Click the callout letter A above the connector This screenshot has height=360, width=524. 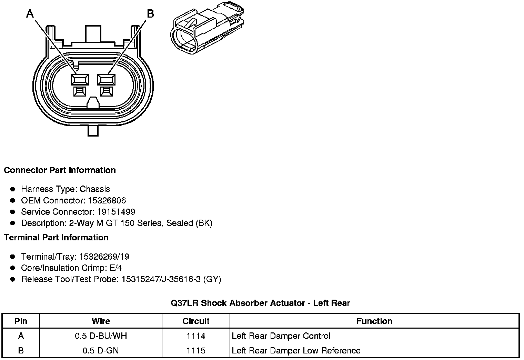pos(30,14)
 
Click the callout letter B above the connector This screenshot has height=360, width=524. pos(151,14)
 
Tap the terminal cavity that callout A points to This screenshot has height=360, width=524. pos(80,80)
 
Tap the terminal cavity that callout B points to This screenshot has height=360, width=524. pos(106,80)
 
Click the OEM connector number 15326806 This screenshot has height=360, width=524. pos(107,201)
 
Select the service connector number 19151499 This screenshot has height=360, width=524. pos(116,212)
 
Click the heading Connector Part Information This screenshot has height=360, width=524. pos(60,170)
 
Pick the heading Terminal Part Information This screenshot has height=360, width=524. pos(56,238)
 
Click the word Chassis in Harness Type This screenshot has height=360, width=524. pos(95,189)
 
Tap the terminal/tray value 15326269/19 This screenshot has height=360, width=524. pos(104,257)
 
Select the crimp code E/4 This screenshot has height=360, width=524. pos(115,268)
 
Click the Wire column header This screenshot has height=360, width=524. pos(101,321)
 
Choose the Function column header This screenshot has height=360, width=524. pos(374,321)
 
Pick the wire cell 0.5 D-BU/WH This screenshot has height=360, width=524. pos(101,336)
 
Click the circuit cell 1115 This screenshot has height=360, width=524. pos(196,351)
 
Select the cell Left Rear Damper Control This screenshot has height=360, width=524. pos(281,336)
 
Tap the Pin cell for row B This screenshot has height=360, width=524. pos(21,351)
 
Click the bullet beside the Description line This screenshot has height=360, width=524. pos(13,223)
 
